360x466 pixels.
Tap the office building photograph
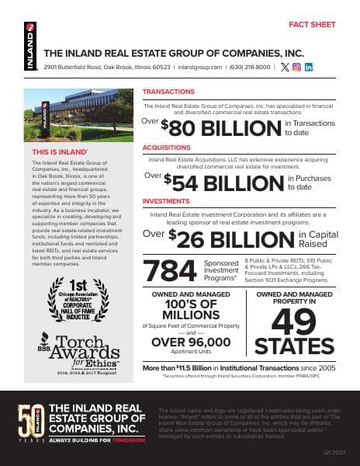click(78, 113)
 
